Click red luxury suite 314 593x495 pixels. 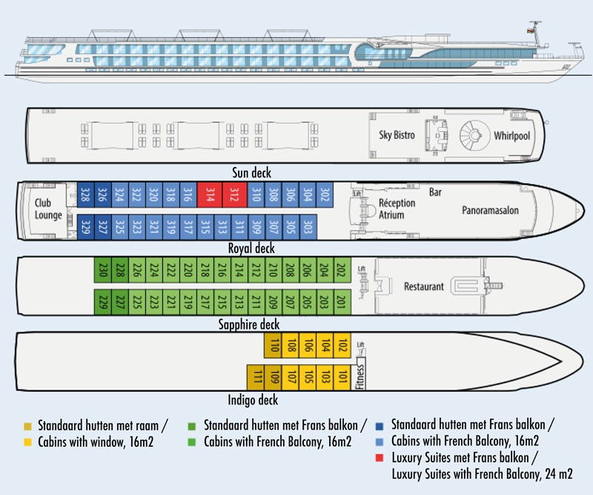(210, 195)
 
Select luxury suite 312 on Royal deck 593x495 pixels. (233, 195)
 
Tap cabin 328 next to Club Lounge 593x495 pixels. (85, 195)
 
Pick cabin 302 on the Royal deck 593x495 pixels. (325, 195)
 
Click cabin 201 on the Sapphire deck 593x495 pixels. (342, 301)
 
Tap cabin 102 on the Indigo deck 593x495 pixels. (342, 345)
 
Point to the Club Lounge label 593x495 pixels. (48, 209)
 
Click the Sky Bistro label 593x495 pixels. (397, 135)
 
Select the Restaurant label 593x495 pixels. (423, 286)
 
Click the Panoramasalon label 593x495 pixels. (490, 211)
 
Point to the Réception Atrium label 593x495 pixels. (397, 209)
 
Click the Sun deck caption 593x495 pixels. (252, 173)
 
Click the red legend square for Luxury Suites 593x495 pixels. (380, 458)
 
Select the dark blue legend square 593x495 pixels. (380, 425)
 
